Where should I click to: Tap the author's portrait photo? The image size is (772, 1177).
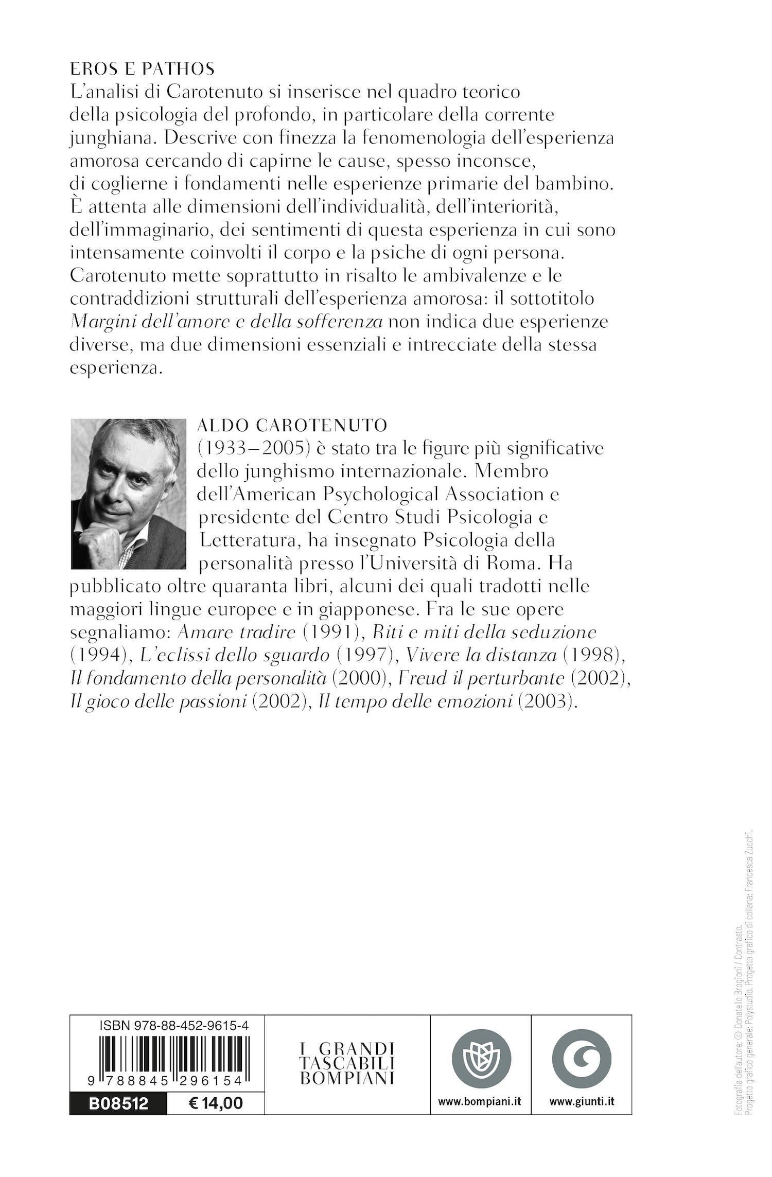tap(128, 494)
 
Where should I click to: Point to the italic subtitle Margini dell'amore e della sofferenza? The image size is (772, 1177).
tap(227, 322)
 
